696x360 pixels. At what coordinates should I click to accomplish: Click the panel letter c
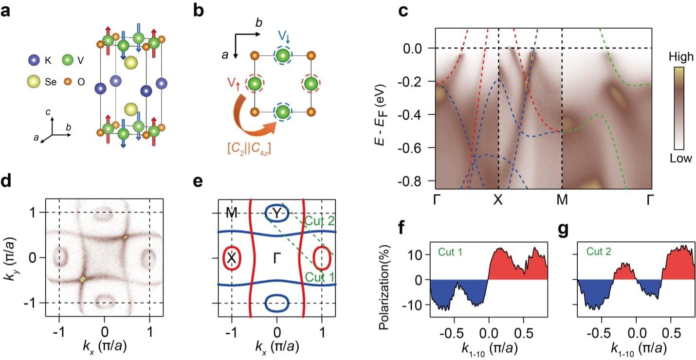(x=404, y=11)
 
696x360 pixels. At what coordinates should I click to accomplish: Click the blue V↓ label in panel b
(x=284, y=36)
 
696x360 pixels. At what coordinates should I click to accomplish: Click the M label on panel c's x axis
(x=562, y=200)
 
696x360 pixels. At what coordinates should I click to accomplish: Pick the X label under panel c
(x=497, y=200)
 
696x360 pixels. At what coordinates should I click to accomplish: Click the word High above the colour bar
(x=680, y=57)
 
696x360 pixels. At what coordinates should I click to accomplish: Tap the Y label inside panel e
(x=277, y=213)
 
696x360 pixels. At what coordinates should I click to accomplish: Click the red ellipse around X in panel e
(x=232, y=258)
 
